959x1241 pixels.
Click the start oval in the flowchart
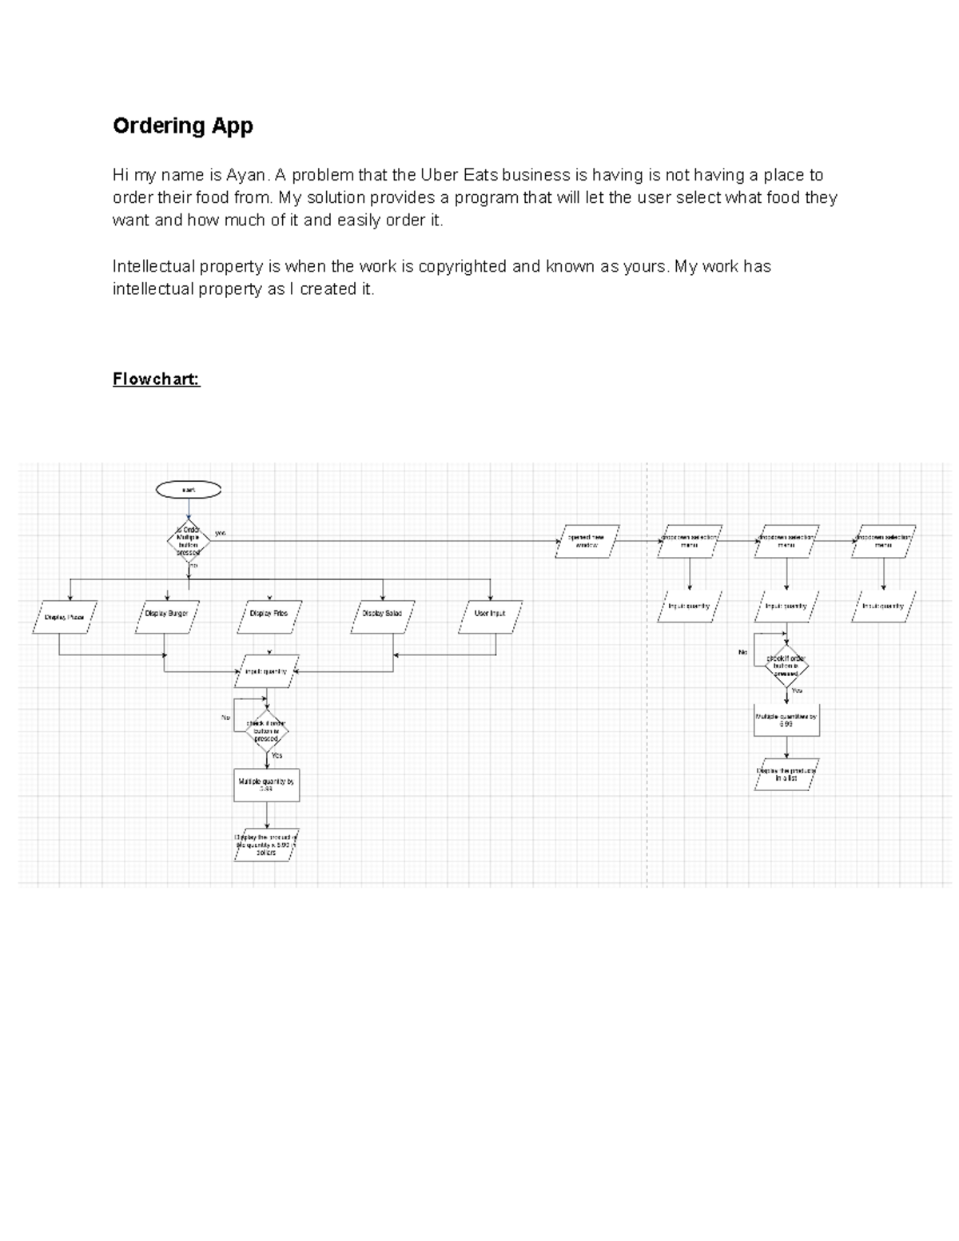tap(189, 489)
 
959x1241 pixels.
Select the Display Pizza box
tap(65, 617)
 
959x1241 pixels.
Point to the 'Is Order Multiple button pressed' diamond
tap(189, 541)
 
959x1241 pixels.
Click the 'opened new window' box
tap(587, 541)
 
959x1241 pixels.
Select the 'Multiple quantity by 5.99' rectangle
tap(266, 786)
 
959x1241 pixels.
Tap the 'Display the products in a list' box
tap(786, 774)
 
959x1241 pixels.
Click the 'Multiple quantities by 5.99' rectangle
tap(786, 720)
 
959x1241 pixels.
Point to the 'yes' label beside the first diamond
tap(221, 532)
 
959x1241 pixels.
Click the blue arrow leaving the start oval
tap(189, 510)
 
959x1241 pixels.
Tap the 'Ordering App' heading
tap(183, 125)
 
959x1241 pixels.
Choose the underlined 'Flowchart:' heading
tap(156, 379)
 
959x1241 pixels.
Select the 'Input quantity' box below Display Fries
tap(266, 672)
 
